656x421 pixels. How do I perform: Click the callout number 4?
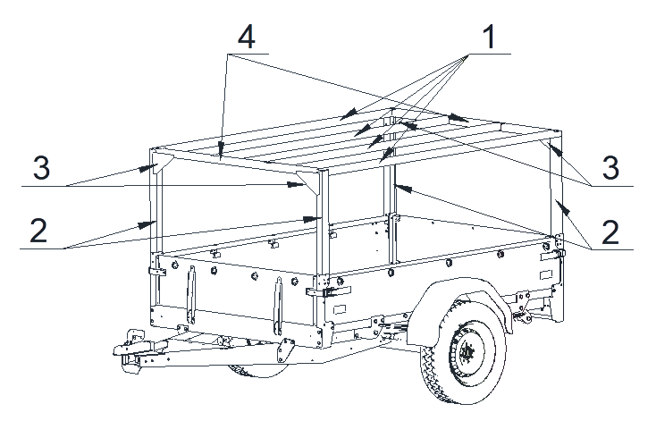[246, 37]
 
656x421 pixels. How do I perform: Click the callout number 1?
[489, 37]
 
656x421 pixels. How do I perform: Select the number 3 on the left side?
[41, 168]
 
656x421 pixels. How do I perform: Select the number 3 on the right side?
[610, 168]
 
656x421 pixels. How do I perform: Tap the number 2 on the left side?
[38, 231]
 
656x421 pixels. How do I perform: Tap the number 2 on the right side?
[610, 232]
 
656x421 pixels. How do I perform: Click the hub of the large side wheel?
[466, 352]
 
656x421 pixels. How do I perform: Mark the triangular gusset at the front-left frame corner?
[163, 161]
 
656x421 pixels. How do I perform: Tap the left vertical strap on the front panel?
[191, 295]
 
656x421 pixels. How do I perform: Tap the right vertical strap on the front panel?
[278, 307]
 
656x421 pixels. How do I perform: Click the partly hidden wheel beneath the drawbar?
[257, 371]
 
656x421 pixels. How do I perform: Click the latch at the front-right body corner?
[329, 290]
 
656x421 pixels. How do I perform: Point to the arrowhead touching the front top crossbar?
[221, 149]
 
